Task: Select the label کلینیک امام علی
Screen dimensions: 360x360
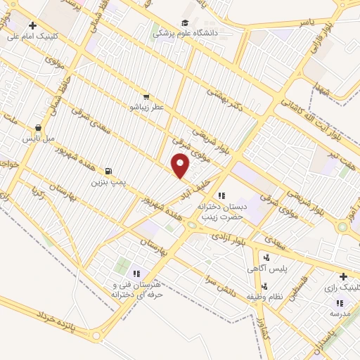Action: coord(36,37)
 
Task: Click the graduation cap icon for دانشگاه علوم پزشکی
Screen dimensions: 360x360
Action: coord(185,23)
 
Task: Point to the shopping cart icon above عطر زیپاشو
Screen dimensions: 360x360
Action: coord(146,96)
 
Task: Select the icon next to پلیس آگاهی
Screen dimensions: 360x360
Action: coord(266,258)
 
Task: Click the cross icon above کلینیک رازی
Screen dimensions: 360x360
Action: coord(342,277)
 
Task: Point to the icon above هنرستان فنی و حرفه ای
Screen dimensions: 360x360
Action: coord(136,274)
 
